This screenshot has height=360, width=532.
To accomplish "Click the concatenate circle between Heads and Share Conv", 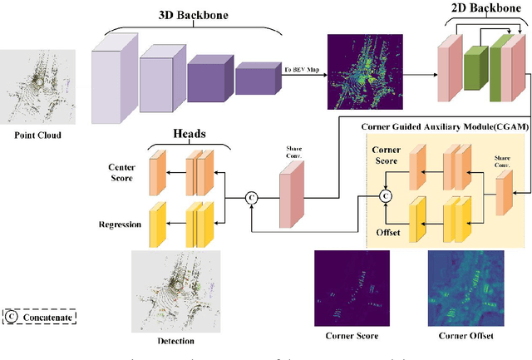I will (249, 198).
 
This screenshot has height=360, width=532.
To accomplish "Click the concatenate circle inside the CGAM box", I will (385, 196).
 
